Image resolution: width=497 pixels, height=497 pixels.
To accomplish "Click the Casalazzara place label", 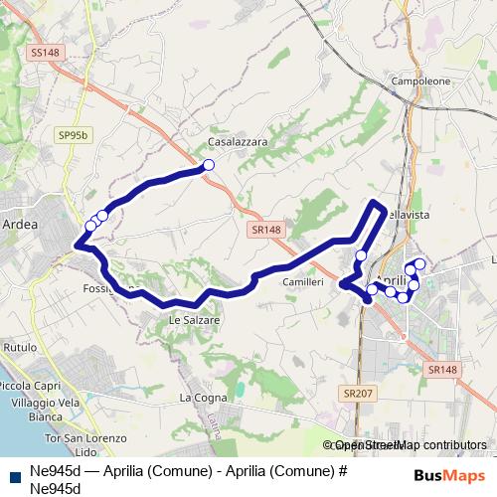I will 238,142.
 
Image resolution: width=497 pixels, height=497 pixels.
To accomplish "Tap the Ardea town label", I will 20,225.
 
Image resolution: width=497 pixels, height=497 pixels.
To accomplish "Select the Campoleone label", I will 421,82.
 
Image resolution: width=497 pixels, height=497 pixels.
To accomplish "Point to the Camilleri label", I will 303,283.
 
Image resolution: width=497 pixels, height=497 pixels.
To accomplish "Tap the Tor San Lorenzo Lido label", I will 86,444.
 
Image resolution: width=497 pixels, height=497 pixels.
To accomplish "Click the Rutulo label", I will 21,347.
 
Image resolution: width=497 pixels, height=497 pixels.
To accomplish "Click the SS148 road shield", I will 45,52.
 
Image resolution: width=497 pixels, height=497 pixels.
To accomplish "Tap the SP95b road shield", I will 73,133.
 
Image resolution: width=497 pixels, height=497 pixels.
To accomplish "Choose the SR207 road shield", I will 355,395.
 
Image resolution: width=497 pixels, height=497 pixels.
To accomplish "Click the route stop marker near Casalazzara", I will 209,165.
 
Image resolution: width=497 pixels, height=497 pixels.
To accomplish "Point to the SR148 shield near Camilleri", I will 266,229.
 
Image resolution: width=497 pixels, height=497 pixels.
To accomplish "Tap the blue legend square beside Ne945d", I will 15,474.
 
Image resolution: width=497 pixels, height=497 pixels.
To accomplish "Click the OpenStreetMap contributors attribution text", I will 409,445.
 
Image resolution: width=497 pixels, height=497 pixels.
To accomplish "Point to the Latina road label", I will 214,427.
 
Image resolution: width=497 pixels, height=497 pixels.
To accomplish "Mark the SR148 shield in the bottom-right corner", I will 442,370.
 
